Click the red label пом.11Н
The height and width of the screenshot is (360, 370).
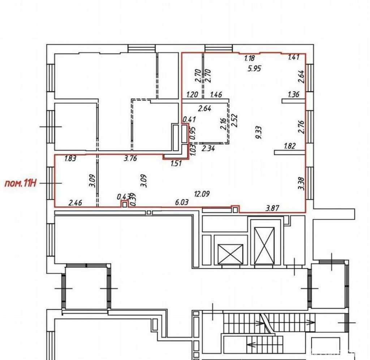pos(21,183)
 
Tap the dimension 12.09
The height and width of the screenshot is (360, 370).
pos(202,194)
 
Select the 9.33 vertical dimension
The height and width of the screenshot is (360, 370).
pos(259,132)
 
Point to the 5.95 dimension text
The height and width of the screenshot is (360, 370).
pos(254,68)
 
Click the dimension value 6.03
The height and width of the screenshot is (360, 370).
pos(182,202)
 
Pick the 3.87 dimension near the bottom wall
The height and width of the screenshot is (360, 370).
pos(272,208)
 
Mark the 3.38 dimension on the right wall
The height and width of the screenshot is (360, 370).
pos(302,183)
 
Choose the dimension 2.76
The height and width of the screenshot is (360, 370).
pos(302,127)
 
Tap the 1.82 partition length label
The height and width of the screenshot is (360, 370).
pos(290,146)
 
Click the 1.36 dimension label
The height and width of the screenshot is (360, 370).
pos(293,94)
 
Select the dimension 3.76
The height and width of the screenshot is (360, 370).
pos(130,158)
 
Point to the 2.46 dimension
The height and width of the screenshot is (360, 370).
pos(75,203)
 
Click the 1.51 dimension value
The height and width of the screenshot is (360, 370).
pos(176,163)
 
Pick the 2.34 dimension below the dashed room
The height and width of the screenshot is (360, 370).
pos(208,149)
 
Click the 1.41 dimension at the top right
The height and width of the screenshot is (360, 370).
pos(294,57)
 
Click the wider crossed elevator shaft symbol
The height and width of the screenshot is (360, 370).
pos(230,254)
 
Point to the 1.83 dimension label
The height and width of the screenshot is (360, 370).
pos(70,158)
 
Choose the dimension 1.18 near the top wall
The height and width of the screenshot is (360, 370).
pos(249,58)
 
